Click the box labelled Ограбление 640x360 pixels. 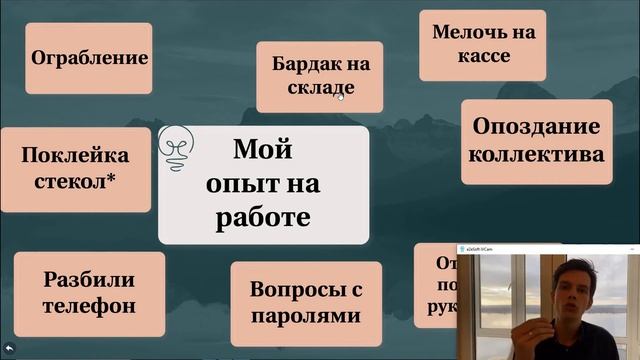click(x=89, y=57)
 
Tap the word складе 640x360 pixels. click(x=318, y=87)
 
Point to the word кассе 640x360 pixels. click(x=483, y=56)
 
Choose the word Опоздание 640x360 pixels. click(x=536, y=127)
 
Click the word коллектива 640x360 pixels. click(x=536, y=154)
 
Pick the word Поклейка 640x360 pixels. click(x=75, y=155)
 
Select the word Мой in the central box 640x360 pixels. click(x=262, y=151)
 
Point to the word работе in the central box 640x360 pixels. click(x=263, y=216)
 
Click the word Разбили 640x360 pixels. click(x=89, y=281)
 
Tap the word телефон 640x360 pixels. click(x=88, y=306)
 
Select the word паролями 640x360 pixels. click(x=305, y=317)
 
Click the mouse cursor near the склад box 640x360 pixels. click(x=341, y=97)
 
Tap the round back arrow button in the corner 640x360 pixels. click(x=10, y=349)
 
